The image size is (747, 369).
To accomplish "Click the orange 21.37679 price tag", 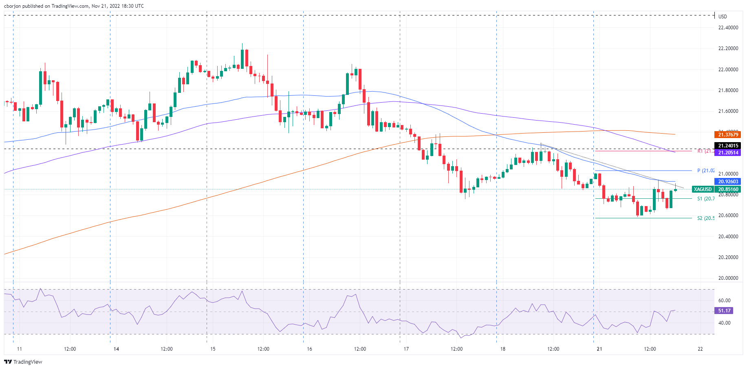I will pos(728,134).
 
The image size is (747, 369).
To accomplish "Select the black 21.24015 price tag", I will pos(728,145).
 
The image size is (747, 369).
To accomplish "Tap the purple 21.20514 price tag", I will pos(728,153).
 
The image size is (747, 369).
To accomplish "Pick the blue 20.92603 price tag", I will pos(728,182).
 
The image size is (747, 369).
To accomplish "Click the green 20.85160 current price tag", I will pos(728,189).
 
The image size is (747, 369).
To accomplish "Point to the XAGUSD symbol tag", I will pos(703,189).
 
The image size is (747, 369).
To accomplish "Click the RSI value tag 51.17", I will pos(724,311).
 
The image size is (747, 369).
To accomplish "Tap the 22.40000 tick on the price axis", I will pos(728,28).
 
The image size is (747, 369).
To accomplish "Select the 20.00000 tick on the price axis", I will pos(728,278).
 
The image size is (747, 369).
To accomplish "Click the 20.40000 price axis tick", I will pos(728,237).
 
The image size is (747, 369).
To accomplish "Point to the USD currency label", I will pos(723,17).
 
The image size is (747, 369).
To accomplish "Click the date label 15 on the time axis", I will pos(213,349).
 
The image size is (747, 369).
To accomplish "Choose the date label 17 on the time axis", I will pos(406,349).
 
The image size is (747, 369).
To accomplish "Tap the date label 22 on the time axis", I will pos(700,349).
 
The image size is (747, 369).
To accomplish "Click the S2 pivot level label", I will pos(705,218).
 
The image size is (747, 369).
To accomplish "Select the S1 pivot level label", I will pos(705,199).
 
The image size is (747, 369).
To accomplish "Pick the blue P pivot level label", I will pos(705,171).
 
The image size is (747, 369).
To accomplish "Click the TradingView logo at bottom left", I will pos(23,362).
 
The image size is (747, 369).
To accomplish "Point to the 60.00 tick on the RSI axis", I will pos(724,301).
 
